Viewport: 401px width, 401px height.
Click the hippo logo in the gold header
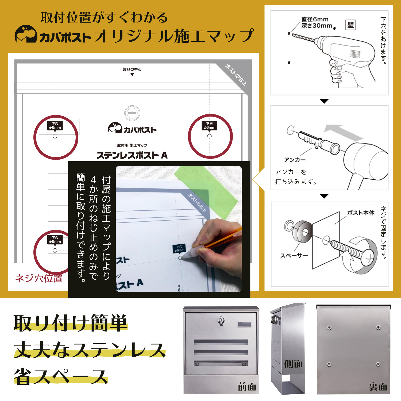tap(26, 34)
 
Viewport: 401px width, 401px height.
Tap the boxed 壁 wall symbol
tap(350, 25)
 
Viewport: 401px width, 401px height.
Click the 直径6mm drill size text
tap(315, 19)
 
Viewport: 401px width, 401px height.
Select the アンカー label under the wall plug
tap(295, 160)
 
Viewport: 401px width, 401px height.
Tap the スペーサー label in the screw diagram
tap(294, 256)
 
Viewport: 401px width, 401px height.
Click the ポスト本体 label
tap(361, 213)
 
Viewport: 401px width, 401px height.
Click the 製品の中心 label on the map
tap(132, 70)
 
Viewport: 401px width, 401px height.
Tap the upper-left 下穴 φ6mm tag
tap(55, 126)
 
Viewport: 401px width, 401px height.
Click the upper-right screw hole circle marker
tap(210, 136)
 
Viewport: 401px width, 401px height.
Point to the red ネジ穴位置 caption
tap(39, 278)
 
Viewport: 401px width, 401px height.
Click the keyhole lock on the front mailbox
tap(221, 320)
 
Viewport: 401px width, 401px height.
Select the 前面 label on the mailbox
tap(247, 387)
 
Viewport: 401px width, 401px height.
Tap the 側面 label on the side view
tap(293, 364)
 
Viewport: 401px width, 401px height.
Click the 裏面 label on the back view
tap(378, 387)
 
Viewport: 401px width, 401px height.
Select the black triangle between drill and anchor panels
tap(324, 101)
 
